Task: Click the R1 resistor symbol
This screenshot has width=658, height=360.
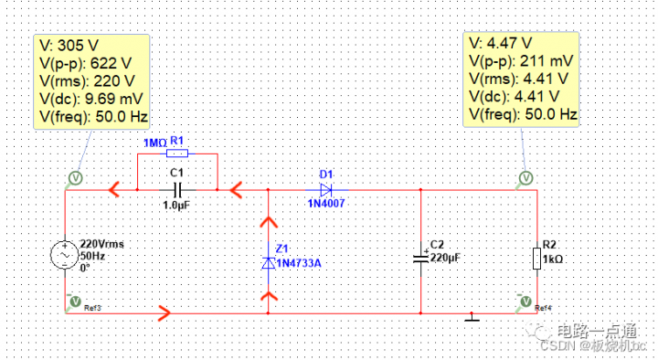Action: tap(177, 154)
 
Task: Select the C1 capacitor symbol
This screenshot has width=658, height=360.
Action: tap(177, 189)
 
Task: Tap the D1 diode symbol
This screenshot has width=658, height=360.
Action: tap(326, 189)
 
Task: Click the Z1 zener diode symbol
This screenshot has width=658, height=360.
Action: tap(268, 262)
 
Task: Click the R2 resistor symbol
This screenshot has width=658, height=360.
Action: tap(536, 259)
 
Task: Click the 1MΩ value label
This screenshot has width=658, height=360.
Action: tap(155, 143)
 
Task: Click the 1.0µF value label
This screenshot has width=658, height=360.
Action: tap(177, 206)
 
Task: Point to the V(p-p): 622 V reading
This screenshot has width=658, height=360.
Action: tap(81, 62)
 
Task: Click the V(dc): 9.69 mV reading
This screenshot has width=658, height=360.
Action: tap(91, 98)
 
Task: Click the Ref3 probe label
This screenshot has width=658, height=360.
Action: tap(93, 307)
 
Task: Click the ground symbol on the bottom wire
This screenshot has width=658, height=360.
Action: tap(472, 317)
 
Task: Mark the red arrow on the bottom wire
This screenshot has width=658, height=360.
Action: tap(164, 313)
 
